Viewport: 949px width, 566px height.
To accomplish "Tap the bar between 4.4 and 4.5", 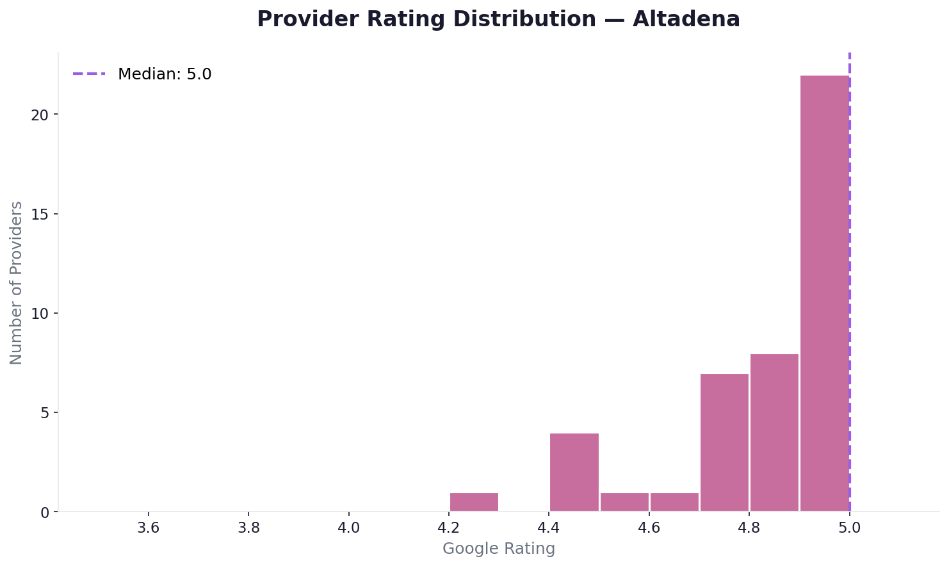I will click(574, 472).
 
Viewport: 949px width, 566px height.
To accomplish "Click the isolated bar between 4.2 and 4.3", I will click(474, 501).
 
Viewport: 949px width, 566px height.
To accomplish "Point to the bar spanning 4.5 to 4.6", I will click(624, 501).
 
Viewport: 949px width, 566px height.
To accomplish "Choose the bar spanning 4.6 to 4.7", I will click(674, 501).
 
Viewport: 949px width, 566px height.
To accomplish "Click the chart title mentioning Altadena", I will click(498, 19).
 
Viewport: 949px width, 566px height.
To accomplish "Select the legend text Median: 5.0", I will click(165, 74).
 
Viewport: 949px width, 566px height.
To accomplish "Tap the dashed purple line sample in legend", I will click(89, 74).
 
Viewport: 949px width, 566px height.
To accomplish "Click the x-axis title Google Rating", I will click(499, 549).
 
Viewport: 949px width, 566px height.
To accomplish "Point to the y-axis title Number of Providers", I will click(17, 282).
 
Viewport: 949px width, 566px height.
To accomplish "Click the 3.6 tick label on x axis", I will click(148, 529).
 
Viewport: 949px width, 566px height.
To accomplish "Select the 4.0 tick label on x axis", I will click(348, 529).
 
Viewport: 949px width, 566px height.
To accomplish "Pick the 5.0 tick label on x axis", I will click(849, 529).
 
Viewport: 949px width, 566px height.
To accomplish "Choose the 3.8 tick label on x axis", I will click(248, 529).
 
